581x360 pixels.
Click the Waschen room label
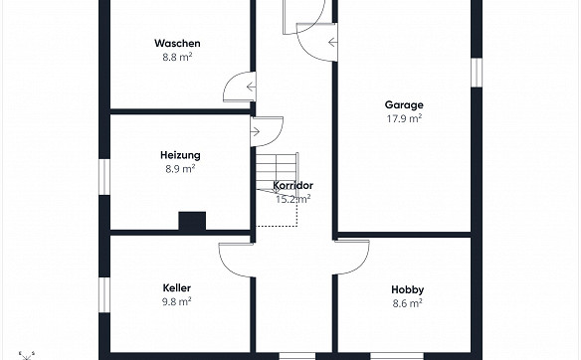(178, 44)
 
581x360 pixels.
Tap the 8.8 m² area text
(178, 58)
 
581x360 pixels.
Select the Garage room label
(404, 104)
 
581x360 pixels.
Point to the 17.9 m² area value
(404, 118)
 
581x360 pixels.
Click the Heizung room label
(180, 155)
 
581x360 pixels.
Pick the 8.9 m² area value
(180, 169)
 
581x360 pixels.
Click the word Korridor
(293, 186)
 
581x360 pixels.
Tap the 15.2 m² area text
(293, 199)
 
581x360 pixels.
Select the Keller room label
(177, 287)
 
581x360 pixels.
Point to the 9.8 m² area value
(177, 301)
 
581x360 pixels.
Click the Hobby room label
(408, 288)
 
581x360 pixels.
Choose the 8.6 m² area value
(408, 302)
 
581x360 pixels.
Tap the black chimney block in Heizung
(191, 222)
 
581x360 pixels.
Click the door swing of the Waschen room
(239, 90)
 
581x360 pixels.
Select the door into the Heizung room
(267, 130)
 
